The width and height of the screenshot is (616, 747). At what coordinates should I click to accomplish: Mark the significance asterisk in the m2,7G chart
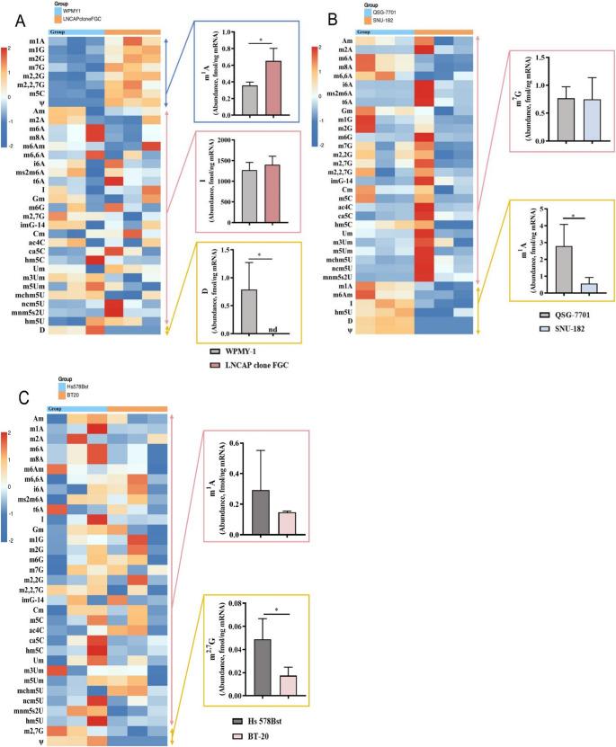point(274,609)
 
